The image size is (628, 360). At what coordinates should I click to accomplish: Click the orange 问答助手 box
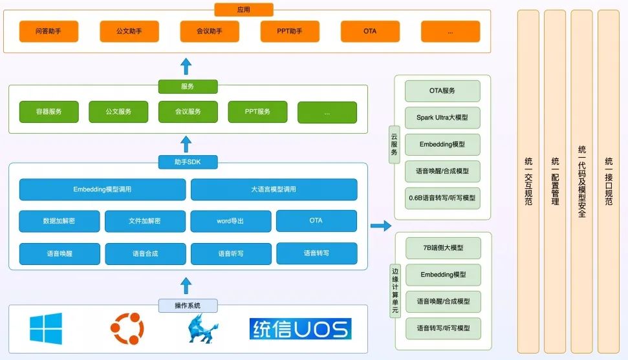pos(49,31)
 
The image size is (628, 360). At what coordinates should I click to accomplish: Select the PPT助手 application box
pos(290,31)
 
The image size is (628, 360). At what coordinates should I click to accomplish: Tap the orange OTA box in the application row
pos(370,31)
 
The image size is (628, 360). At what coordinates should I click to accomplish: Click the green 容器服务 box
pos(49,112)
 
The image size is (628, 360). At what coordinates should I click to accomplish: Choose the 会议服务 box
pos(188,112)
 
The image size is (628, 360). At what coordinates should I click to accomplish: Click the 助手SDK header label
pos(188,162)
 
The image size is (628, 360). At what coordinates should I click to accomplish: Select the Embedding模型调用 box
pos(103,189)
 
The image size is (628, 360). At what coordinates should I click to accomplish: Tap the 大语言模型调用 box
pos(274,189)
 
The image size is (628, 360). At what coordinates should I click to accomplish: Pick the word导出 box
pos(231,221)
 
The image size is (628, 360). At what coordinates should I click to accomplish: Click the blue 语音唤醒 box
pos(60,253)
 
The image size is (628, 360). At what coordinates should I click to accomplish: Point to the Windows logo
pos(46,328)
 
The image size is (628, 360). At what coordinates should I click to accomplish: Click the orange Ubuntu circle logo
pos(127,328)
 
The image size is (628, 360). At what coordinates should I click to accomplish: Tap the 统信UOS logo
pos(300,329)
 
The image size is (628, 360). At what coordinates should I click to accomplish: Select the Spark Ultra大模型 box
pos(442,118)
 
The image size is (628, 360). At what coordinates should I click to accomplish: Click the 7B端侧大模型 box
pos(443,248)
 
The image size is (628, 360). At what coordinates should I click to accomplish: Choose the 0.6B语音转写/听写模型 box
pos(442,198)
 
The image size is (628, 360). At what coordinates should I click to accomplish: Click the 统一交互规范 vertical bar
pos(528,182)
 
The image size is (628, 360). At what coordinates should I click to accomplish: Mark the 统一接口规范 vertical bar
pos(609,182)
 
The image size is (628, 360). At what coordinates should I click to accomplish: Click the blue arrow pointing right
pos(381,226)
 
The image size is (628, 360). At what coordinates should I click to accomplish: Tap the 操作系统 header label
pos(188,306)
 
